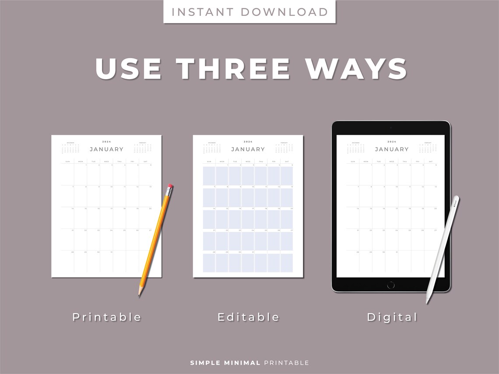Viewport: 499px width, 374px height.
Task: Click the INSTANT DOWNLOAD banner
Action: [x=249, y=12]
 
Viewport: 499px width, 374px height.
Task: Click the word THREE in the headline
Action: [x=233, y=69]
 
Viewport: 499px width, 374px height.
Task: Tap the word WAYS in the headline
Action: [x=356, y=69]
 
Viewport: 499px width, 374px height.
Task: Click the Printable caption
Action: [x=107, y=317]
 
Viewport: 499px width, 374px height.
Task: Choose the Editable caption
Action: [x=248, y=317]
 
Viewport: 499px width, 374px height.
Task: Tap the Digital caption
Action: [x=392, y=317]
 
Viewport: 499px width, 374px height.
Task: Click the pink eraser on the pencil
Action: [x=170, y=187]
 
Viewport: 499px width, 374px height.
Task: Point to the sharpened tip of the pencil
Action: [x=140, y=295]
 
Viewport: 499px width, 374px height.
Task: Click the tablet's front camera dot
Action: [x=391, y=128]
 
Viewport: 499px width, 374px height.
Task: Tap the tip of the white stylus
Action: [x=428, y=302]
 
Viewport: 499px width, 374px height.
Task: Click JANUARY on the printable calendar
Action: [x=106, y=149]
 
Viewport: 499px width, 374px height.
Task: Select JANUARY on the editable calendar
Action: [x=248, y=149]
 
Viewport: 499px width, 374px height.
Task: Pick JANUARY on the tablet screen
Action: [x=392, y=149]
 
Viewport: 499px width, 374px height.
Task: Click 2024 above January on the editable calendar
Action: [x=248, y=142]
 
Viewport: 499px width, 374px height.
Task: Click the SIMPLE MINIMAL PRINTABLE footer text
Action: [x=249, y=363]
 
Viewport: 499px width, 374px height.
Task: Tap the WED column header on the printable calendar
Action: [x=106, y=161]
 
